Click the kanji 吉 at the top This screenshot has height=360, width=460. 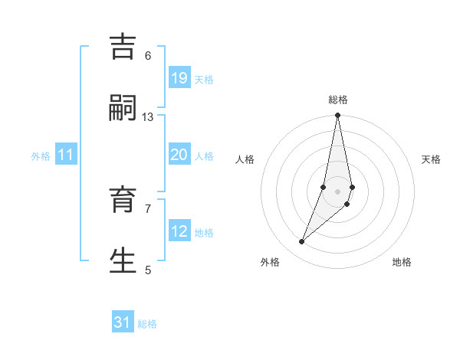[123, 47]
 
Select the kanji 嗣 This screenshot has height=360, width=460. [123, 109]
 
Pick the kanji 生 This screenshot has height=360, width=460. [123, 261]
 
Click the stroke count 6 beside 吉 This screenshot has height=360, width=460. [148, 55]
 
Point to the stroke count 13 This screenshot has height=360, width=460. [148, 116]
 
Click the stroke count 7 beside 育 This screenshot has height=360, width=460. [148, 208]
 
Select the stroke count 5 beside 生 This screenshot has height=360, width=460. [148, 269]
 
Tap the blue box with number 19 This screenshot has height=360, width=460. [179, 78]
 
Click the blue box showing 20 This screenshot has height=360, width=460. [179, 155]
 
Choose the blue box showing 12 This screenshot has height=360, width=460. [179, 231]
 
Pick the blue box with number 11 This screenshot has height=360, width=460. [66, 155]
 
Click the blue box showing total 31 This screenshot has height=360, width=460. [123, 322]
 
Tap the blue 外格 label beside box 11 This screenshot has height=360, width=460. [41, 156]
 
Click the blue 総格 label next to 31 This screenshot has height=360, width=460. [147, 324]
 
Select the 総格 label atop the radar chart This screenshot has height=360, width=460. [338, 100]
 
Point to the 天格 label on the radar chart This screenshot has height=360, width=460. [431, 159]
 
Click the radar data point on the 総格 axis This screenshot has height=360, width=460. [337, 116]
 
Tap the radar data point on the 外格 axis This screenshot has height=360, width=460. [301, 242]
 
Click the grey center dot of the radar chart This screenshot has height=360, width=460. [337, 191]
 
